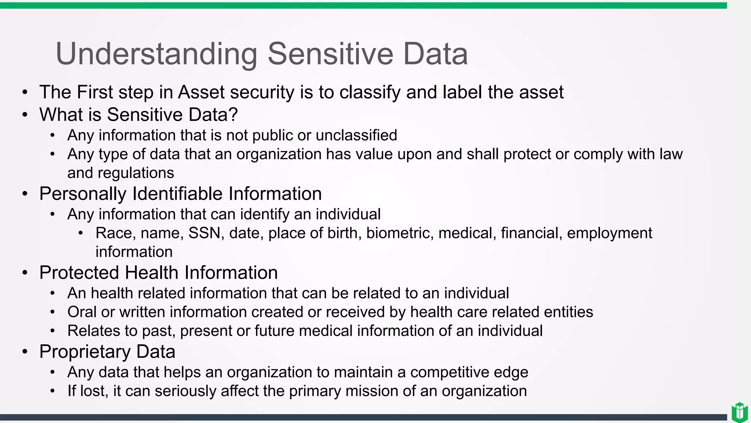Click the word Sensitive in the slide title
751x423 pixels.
tap(330, 54)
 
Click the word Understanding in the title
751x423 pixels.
tap(156, 54)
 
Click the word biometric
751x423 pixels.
tap(398, 233)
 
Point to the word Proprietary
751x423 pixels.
tap(85, 352)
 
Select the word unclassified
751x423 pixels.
tap(356, 135)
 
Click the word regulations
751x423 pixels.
tap(136, 173)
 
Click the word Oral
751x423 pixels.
tap(82, 312)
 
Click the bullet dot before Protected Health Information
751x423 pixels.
tap(25, 273)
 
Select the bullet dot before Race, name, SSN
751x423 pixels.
tap(81, 233)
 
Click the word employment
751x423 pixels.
tap(609, 233)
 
